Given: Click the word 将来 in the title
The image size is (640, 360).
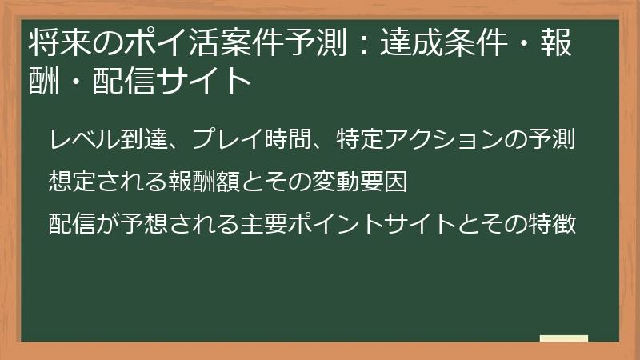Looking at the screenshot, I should point(54,42).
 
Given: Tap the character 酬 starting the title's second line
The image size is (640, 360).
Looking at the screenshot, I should point(41,80).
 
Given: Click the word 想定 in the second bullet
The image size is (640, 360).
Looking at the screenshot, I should point(69,182).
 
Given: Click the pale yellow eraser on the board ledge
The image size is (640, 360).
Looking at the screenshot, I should point(564,338).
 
